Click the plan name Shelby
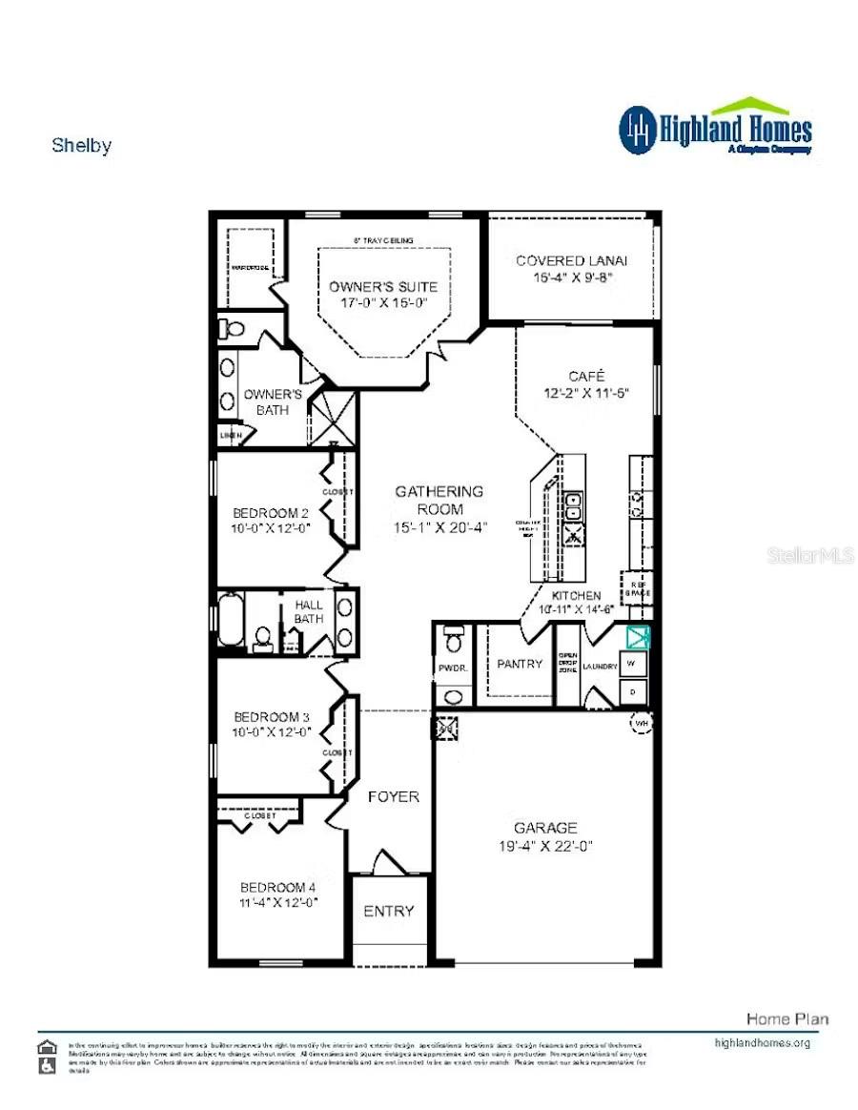tap(81, 146)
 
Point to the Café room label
tap(586, 376)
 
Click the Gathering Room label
tap(439, 500)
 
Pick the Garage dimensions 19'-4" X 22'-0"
tap(545, 846)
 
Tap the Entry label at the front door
tap(389, 911)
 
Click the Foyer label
tap(393, 796)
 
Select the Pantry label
tap(520, 664)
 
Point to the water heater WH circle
tap(641, 723)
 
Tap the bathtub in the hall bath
tap(231, 621)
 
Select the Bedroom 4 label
tap(277, 886)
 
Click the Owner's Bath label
tap(273, 401)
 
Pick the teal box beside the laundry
tap(637, 636)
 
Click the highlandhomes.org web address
tap(762, 1042)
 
